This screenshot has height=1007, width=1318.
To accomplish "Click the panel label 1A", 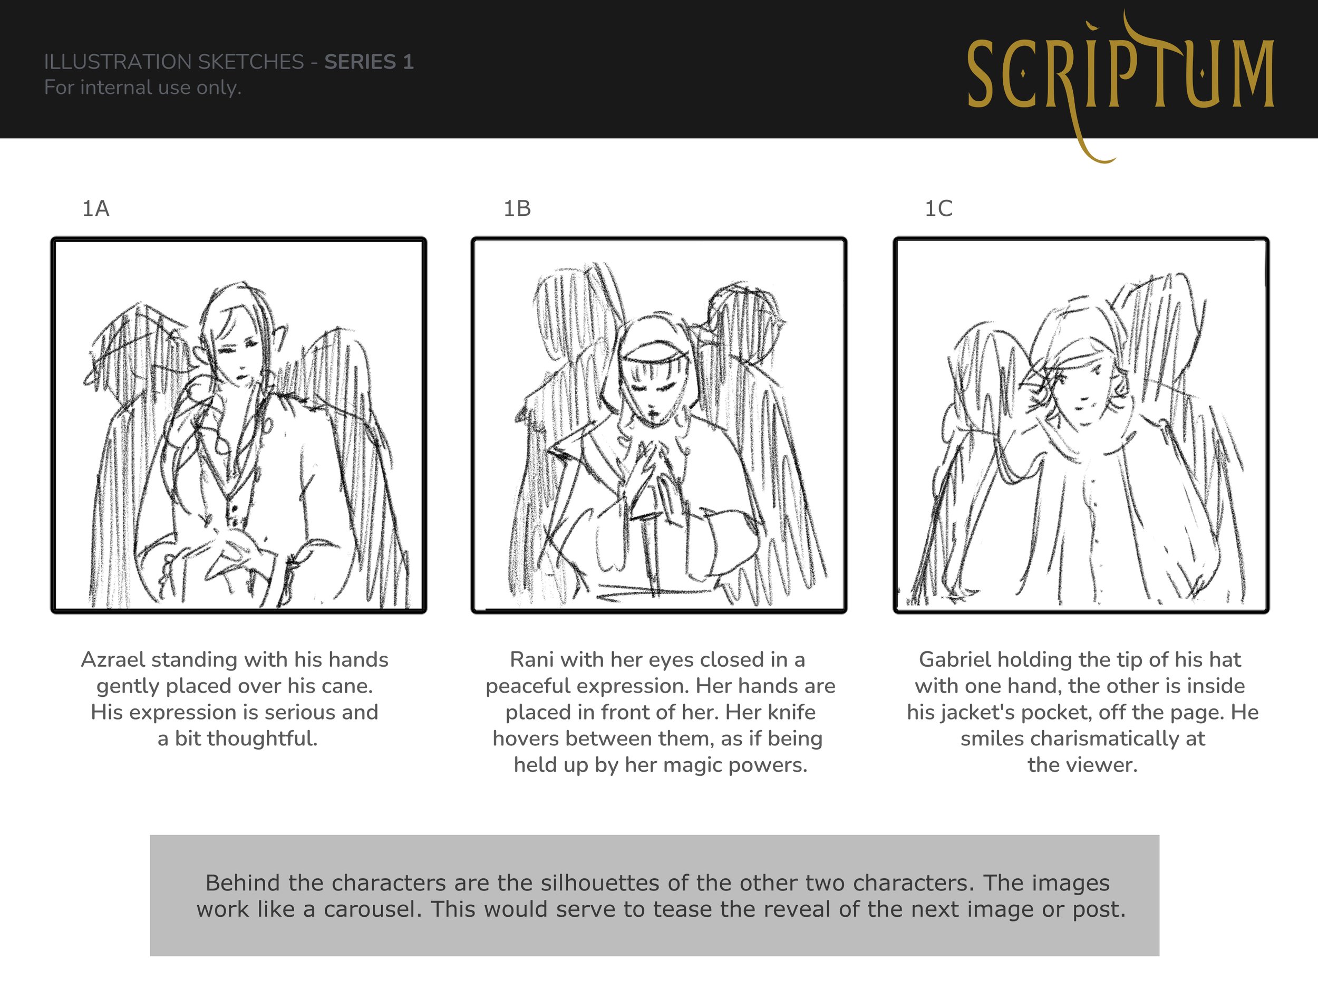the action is click(x=96, y=208).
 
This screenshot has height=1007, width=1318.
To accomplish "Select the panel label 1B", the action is click(x=517, y=208).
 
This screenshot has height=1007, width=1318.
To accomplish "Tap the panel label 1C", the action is click(x=938, y=208).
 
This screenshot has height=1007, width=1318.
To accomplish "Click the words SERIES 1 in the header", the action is click(x=369, y=62).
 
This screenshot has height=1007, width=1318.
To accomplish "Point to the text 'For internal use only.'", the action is click(x=142, y=88).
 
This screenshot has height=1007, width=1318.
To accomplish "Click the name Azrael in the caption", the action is click(x=113, y=659).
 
